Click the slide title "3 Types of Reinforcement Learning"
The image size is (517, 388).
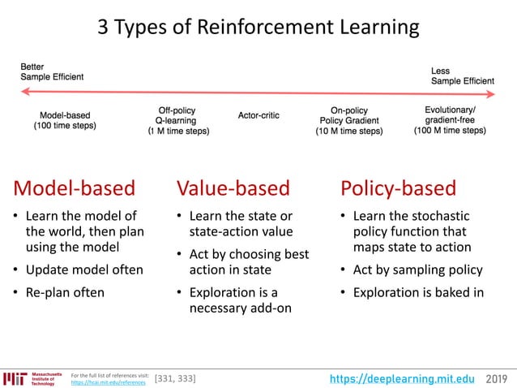point(258,28)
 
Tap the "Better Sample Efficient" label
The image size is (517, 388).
point(52,71)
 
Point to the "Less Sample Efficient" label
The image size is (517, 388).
point(462,76)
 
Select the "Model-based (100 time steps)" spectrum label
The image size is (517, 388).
point(65,120)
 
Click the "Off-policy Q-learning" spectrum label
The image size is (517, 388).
point(177,120)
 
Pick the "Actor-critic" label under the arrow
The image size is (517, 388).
point(258,115)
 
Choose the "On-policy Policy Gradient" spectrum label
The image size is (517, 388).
point(348,120)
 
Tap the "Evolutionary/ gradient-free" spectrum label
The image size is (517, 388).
point(450,120)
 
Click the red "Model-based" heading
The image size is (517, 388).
point(74,188)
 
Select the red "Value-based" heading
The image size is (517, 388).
point(233,188)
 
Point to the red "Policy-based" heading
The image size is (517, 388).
point(399,188)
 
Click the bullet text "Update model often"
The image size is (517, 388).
point(84,269)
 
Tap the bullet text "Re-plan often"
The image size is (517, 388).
point(65,292)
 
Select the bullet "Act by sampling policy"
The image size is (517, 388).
point(417,269)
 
